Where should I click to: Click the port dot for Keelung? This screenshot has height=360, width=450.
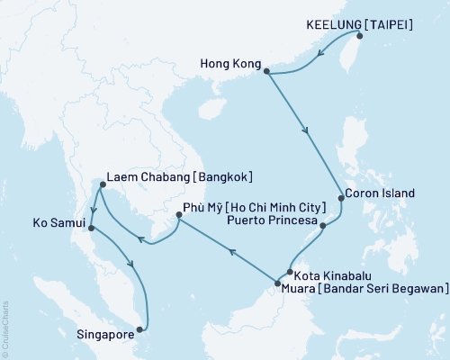pyautogui.click(x=359, y=36)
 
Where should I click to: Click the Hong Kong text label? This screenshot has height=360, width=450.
pyautogui.click(x=230, y=66)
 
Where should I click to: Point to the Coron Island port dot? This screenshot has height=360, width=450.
pyautogui.click(x=340, y=196)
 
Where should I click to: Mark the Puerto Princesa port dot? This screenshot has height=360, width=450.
pyautogui.click(x=322, y=225)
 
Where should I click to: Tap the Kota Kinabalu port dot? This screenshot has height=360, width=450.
pyautogui.click(x=288, y=272)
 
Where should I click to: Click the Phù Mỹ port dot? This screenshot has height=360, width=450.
pyautogui.click(x=178, y=217)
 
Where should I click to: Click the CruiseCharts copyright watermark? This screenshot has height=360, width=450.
pyautogui.click(x=4, y=328)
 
